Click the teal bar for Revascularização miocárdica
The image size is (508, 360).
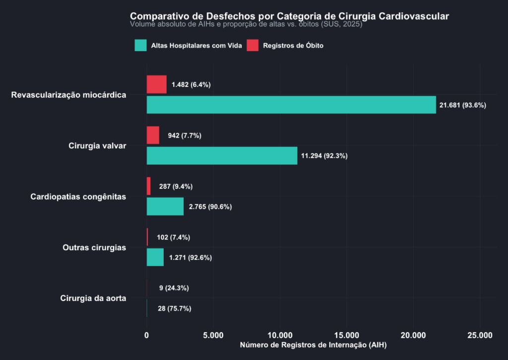tap(291, 105)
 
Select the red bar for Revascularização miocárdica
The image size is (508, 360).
tap(156, 84)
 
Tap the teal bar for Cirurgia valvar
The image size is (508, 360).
tap(222, 156)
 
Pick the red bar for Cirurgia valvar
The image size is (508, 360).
tap(153, 135)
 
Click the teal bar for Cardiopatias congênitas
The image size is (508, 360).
tap(165, 207)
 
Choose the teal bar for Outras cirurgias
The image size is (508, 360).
tap(155, 257)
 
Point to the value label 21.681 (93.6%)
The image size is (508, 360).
tap(463, 105)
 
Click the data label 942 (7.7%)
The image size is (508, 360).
tap(185, 136)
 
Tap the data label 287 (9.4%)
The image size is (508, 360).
tap(176, 187)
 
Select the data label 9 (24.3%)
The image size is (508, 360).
tap(174, 288)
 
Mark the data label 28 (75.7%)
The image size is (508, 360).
tap(175, 308)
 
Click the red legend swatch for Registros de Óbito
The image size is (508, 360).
tap(253, 45)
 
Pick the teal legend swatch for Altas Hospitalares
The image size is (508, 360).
tap(140, 45)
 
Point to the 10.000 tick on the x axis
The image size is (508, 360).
tap(280, 335)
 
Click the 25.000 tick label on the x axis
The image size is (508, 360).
tap(480, 335)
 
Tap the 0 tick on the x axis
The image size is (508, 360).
tap(147, 335)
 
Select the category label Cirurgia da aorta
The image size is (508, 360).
tap(93, 298)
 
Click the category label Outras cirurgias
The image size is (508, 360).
tap(94, 247)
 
